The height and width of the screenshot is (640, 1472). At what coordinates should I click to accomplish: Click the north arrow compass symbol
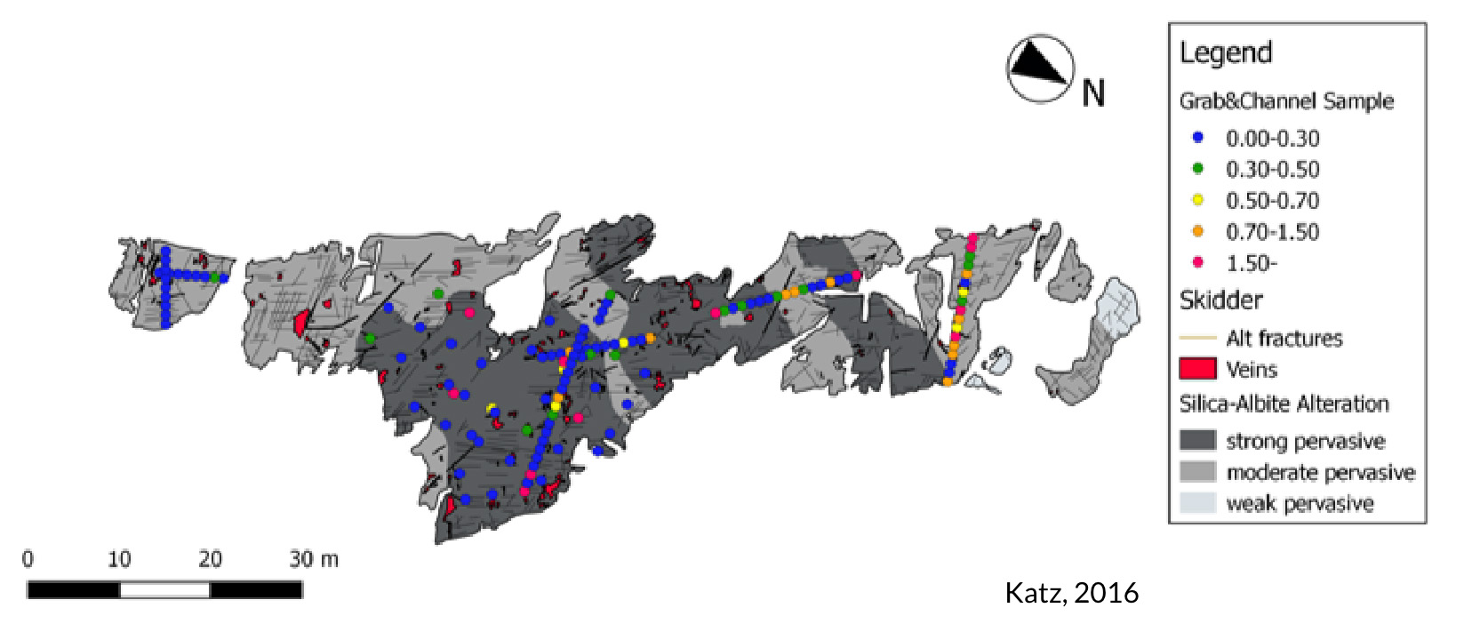tap(1039, 68)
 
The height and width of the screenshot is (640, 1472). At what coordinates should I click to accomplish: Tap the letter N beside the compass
tap(1093, 93)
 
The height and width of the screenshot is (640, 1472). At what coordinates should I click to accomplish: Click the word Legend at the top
tap(1226, 53)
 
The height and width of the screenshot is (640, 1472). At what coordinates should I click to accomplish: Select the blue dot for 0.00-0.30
tap(1197, 138)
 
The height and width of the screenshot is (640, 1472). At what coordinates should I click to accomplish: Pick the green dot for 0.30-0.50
tap(1197, 169)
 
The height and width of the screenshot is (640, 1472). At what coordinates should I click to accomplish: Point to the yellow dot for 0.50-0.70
tap(1197, 200)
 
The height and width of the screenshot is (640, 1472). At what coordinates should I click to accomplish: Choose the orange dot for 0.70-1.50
tap(1197, 231)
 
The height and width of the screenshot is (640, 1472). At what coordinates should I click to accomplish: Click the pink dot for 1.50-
tap(1197, 262)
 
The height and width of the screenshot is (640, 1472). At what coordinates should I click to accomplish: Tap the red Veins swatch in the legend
tap(1197, 369)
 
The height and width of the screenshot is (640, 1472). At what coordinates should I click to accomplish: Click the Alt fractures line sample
tap(1197, 338)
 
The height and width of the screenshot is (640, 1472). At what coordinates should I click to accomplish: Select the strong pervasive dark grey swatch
tap(1197, 440)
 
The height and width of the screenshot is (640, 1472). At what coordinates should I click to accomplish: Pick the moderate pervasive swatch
tap(1197, 471)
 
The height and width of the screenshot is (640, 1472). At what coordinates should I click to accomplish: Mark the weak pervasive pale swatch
tap(1197, 502)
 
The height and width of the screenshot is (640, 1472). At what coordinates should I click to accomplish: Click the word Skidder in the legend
tap(1220, 300)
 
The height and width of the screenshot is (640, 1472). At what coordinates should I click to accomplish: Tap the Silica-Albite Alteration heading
tap(1284, 404)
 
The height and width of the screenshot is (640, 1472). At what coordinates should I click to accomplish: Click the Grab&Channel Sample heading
tap(1286, 101)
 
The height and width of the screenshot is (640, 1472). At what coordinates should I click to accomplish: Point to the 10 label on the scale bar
tap(119, 559)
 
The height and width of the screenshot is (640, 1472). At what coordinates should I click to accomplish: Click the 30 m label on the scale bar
tap(313, 559)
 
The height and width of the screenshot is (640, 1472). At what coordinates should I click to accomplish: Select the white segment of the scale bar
tap(164, 589)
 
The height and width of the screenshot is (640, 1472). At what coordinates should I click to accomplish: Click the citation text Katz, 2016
tap(1071, 593)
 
